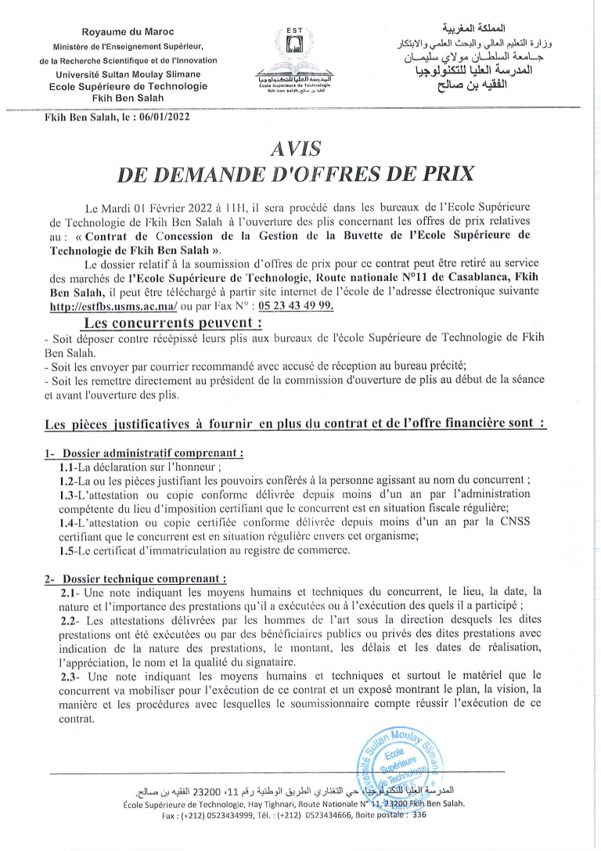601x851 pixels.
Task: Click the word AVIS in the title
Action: click(295, 146)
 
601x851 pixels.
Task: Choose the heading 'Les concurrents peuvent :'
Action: click(173, 323)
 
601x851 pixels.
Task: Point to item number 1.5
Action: click(67, 550)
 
